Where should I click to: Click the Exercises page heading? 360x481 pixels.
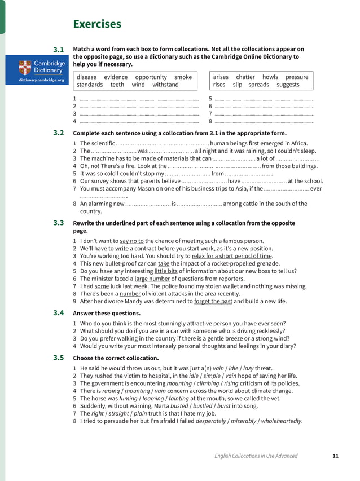pos(97,24)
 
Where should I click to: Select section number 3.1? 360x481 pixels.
pos(59,50)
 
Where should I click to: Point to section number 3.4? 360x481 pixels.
pos(59,313)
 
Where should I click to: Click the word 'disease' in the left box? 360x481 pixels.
pos(87,77)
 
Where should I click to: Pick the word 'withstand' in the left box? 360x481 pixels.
pos(165,85)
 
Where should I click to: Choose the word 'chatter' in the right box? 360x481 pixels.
pos(245,77)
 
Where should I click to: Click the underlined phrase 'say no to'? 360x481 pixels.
pos(131,241)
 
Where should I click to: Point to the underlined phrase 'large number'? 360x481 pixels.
pos(152,279)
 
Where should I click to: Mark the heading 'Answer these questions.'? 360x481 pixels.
pos(107,313)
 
